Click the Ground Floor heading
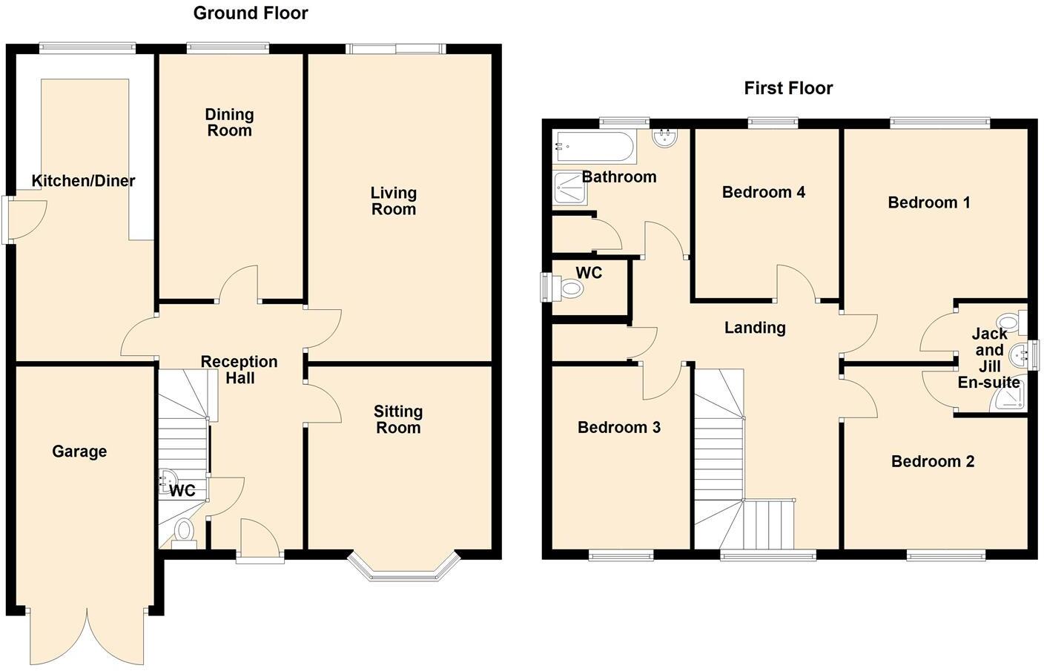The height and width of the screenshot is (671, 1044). point(251,13)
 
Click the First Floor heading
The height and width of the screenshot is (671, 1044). point(788,88)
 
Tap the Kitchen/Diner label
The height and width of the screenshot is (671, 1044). point(83,181)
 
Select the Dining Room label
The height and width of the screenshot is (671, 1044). point(229,122)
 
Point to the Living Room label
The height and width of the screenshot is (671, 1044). point(393,201)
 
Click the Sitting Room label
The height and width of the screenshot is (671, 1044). point(398,420)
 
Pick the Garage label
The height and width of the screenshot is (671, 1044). point(79,452)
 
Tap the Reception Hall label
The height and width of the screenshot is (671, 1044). point(239,370)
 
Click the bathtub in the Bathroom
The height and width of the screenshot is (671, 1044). point(594,148)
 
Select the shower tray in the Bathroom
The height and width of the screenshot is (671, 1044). point(570,188)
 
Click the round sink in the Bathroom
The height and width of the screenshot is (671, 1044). point(665,137)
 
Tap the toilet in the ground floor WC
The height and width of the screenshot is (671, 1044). point(184,532)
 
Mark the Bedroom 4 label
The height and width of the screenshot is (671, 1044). point(763,193)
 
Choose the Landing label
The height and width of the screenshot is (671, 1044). point(755,328)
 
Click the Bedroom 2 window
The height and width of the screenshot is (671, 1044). point(946,554)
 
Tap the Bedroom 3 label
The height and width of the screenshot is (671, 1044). point(619,428)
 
